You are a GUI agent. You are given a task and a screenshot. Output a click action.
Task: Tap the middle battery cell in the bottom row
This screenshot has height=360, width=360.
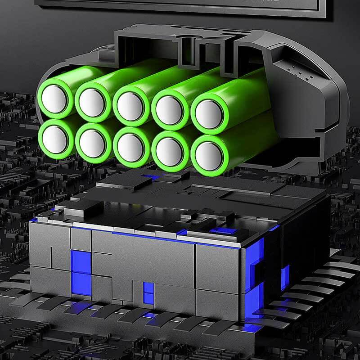click(130, 147)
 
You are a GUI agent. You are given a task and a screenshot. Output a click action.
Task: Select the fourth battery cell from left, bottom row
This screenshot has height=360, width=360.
click(169, 151)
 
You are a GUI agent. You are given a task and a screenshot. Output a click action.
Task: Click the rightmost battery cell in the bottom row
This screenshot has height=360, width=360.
click(209, 156)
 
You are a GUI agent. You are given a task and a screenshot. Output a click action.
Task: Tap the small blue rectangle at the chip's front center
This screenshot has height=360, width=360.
click(148, 292)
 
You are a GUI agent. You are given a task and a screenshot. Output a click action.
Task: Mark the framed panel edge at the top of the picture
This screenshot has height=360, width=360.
click(180, 9)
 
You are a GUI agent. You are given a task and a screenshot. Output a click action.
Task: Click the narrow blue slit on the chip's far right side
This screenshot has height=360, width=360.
click(284, 277)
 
